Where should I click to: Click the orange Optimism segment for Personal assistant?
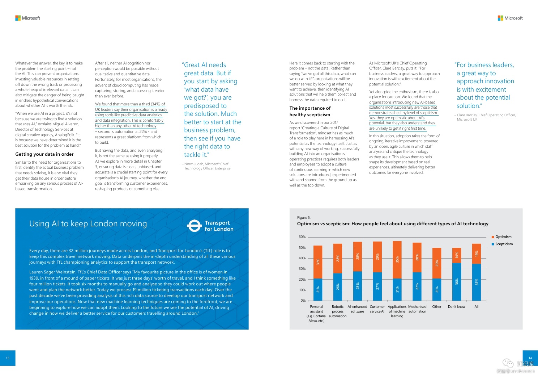click(x=318, y=262)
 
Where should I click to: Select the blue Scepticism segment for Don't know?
click(x=457, y=281)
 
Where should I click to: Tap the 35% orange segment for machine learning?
click(x=397, y=260)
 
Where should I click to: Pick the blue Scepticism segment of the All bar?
click(x=477, y=282)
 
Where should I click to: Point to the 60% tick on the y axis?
click(x=302, y=237)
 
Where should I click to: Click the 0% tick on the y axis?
click(x=303, y=301)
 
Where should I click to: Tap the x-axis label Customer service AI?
click(x=377, y=309)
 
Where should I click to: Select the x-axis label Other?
click(x=437, y=307)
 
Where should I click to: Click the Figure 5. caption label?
click(x=304, y=218)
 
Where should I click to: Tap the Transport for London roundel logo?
click(x=194, y=226)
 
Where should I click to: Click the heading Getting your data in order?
click(x=44, y=154)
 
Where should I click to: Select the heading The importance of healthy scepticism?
click(x=310, y=111)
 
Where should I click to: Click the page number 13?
click(x=8, y=358)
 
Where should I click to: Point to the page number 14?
click(x=530, y=358)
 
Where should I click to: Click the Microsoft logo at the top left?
click(x=28, y=18)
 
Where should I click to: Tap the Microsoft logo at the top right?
click(x=510, y=18)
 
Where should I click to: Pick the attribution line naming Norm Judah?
click(x=206, y=166)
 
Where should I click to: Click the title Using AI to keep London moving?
click(x=88, y=224)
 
